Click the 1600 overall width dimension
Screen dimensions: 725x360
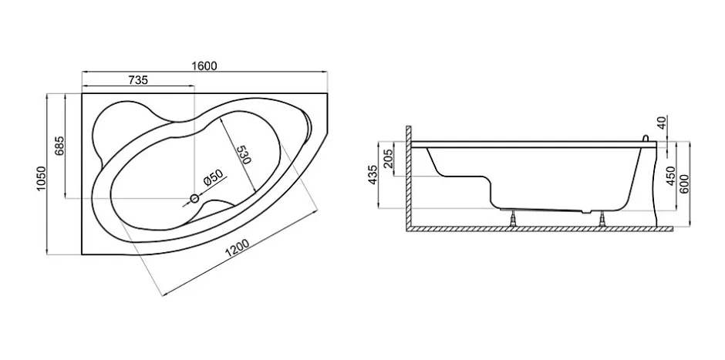coord(204,66)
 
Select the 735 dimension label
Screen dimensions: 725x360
coord(138,80)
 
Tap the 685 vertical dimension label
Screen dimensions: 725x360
coord(59,146)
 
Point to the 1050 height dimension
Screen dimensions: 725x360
coord(42,180)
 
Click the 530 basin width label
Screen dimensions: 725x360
coord(244,155)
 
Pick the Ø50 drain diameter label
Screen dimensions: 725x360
coord(214,178)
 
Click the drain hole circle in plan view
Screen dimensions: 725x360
coord(194,199)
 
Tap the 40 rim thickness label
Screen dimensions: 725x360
coord(662,123)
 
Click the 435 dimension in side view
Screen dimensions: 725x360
coord(373,174)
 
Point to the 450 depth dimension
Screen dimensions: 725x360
coord(671,176)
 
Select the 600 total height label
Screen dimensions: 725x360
coord(685,185)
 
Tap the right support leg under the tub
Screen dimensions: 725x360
coord(602,219)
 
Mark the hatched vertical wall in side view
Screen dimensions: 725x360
coord(409,178)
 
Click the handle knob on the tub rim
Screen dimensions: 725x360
coord(646,138)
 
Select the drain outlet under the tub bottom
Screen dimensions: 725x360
coord(586,212)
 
